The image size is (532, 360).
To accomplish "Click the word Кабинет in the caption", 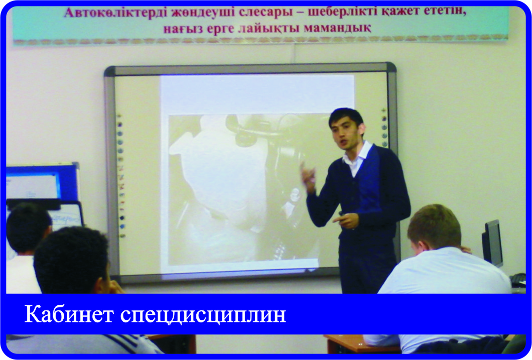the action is tap(69, 314).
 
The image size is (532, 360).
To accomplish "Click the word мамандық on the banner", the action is tap(337, 28).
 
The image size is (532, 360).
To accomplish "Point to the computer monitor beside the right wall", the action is tap(492, 243).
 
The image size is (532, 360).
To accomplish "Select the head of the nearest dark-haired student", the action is tap(71, 259).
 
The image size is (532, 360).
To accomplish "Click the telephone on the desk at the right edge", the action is tap(518, 280).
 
